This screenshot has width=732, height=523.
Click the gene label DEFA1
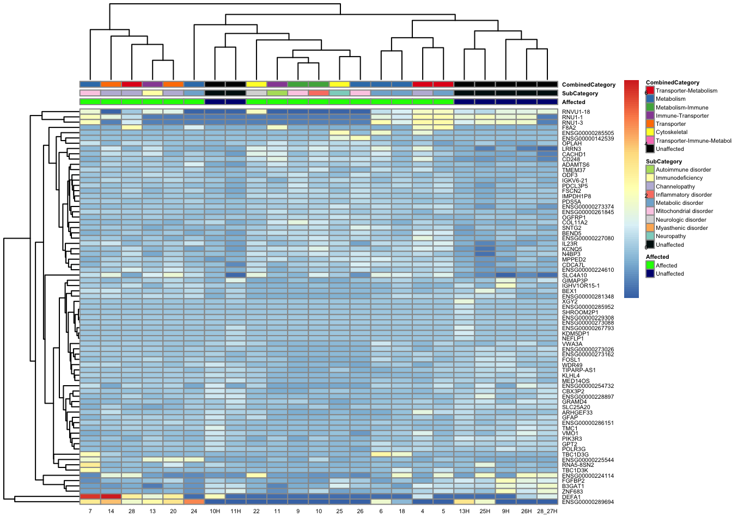click(x=571, y=497)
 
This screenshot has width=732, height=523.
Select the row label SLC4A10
click(x=574, y=275)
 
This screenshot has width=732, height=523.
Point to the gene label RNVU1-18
click(x=576, y=112)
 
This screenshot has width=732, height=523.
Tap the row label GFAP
click(x=570, y=418)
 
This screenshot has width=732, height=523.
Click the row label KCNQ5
click(x=572, y=249)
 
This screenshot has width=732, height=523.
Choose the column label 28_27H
click(x=547, y=512)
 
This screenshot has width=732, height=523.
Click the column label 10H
click(x=215, y=512)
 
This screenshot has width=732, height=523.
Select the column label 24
click(x=194, y=512)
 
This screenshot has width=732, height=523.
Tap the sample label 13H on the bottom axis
click(x=464, y=512)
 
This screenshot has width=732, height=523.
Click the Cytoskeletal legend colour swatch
click(x=650, y=132)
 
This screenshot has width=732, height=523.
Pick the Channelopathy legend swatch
click(x=650, y=186)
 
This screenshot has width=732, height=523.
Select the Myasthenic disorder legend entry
click(x=681, y=228)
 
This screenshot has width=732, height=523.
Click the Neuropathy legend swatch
click(x=650, y=236)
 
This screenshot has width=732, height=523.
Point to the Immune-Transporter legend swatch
click(x=650, y=115)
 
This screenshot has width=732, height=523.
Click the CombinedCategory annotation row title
click(x=588, y=85)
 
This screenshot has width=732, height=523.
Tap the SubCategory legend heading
click(x=663, y=162)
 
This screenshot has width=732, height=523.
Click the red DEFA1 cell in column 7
click(x=90, y=497)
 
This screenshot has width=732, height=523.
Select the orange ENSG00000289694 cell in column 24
click(x=194, y=502)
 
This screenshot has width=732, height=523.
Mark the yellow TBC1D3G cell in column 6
click(x=381, y=454)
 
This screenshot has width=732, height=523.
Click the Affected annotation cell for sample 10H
click(x=215, y=102)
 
